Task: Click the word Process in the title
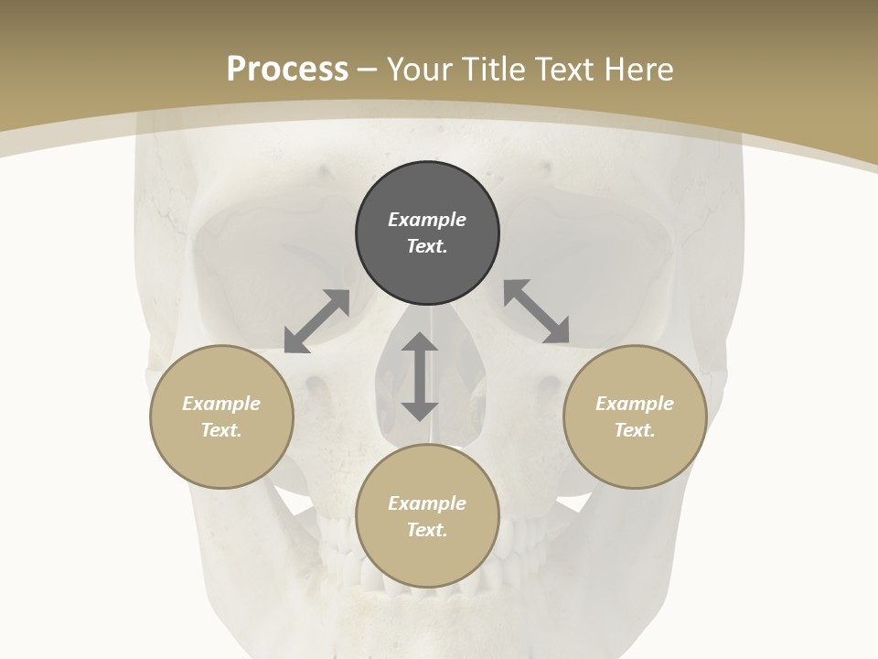click(287, 69)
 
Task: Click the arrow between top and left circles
click(316, 321)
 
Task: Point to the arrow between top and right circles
click(537, 311)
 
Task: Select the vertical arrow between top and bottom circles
click(420, 376)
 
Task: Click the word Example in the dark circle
click(427, 220)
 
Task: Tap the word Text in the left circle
click(221, 430)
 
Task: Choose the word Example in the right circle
click(635, 404)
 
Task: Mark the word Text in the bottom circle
click(427, 530)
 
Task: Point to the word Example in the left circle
click(221, 404)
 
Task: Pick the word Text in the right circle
click(635, 430)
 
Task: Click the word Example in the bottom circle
click(427, 503)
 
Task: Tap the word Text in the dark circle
click(427, 246)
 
